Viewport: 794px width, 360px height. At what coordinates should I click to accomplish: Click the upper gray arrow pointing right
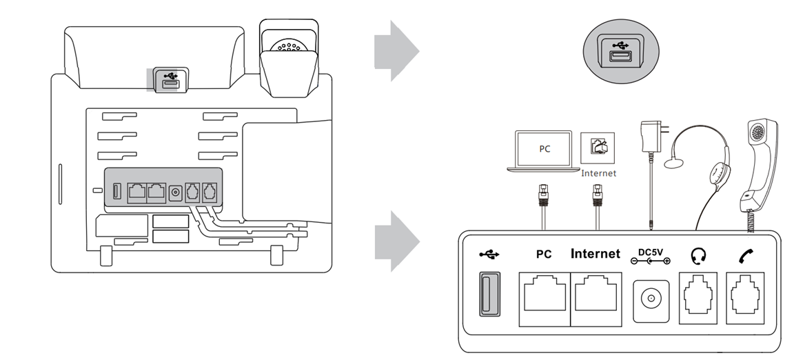(396, 51)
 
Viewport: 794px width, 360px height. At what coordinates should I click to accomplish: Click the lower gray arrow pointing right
(396, 241)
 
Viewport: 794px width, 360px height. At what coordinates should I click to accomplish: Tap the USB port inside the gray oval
(619, 54)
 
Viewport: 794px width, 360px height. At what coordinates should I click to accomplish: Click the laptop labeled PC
(543, 150)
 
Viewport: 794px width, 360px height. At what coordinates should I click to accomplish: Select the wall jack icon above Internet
(598, 148)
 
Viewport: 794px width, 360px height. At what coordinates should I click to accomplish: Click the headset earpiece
(719, 174)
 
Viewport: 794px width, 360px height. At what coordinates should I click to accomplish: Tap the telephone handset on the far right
(758, 165)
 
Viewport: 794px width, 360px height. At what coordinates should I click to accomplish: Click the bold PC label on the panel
(543, 254)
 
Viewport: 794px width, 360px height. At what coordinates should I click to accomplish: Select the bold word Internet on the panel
(595, 254)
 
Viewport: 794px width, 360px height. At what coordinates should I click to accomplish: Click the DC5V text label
(650, 252)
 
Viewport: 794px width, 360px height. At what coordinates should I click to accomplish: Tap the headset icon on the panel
(698, 256)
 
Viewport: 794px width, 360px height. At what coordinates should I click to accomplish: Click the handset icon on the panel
(746, 256)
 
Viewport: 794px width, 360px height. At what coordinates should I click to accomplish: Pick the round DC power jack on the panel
(651, 299)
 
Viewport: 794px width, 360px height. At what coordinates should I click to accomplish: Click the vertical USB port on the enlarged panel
(489, 294)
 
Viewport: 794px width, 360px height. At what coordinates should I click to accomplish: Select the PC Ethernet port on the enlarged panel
(545, 299)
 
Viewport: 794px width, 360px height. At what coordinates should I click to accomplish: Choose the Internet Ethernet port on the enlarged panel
(596, 299)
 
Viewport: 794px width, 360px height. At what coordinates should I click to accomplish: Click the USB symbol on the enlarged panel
(489, 254)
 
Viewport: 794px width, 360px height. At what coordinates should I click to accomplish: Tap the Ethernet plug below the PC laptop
(544, 196)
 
